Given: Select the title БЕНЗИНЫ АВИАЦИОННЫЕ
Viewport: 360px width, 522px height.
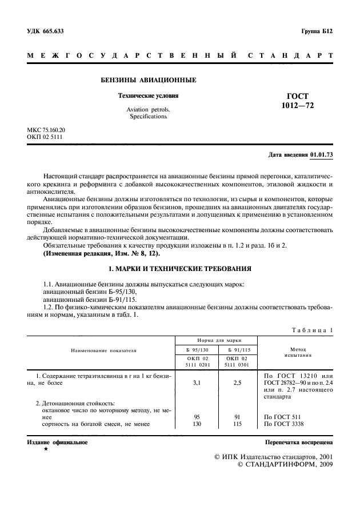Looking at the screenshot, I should point(148,80).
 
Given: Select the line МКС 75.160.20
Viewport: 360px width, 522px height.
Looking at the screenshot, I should point(46,130).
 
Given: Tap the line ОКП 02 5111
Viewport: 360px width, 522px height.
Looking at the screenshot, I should point(45,138).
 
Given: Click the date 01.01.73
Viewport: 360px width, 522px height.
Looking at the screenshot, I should point(322,155).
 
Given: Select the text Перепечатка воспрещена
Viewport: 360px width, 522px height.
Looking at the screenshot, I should point(299,443).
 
